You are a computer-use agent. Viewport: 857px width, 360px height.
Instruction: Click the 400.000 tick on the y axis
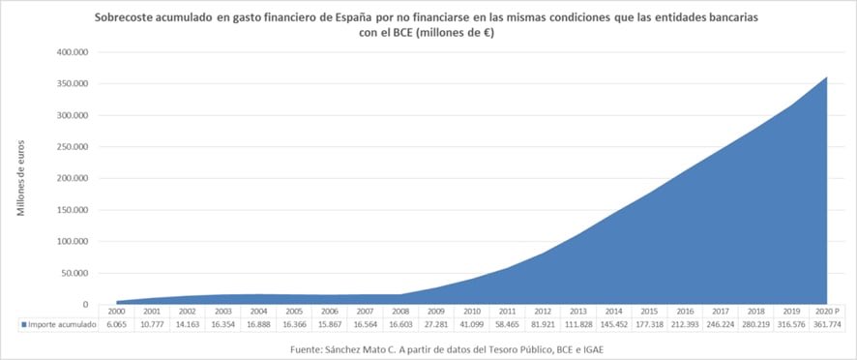(73, 51)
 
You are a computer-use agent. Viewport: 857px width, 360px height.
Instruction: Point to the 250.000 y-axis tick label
(73, 147)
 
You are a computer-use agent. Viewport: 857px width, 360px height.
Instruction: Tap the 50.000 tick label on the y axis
(75, 274)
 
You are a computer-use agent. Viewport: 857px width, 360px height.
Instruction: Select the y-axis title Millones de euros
(21, 178)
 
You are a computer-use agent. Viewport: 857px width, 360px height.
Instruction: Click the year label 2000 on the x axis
(117, 312)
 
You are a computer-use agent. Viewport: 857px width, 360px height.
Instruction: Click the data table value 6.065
(117, 325)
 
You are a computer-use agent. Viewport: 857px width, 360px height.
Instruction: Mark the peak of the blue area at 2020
(828, 76)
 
